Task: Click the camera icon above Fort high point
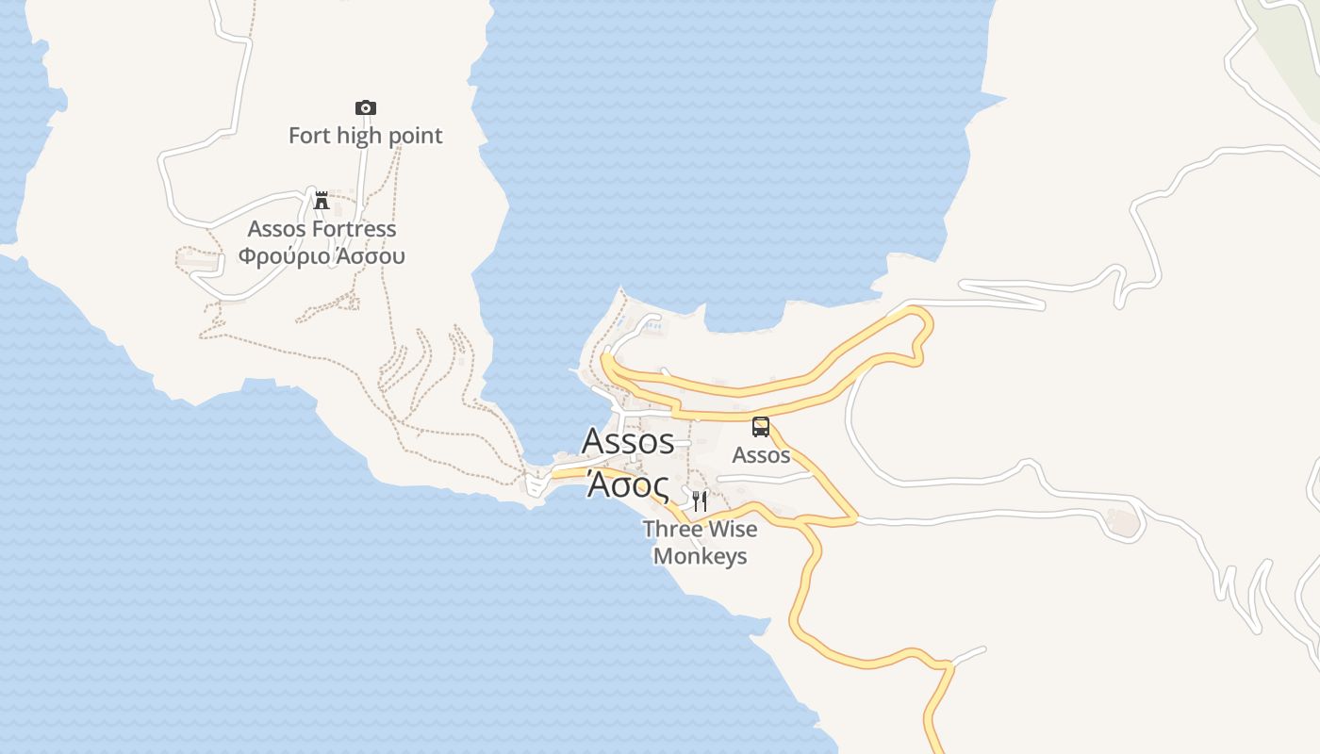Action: (x=365, y=107)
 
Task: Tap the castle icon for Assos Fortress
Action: (x=322, y=200)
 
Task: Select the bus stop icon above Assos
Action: (x=761, y=427)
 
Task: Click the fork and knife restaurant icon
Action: (x=700, y=500)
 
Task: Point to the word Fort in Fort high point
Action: (x=309, y=136)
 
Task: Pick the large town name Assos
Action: (x=628, y=440)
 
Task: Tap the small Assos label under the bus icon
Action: (x=761, y=455)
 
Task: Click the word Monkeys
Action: (x=700, y=556)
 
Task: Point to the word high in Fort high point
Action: (x=358, y=136)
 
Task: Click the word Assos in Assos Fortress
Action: (x=276, y=229)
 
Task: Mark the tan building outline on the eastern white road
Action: (x=1122, y=521)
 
